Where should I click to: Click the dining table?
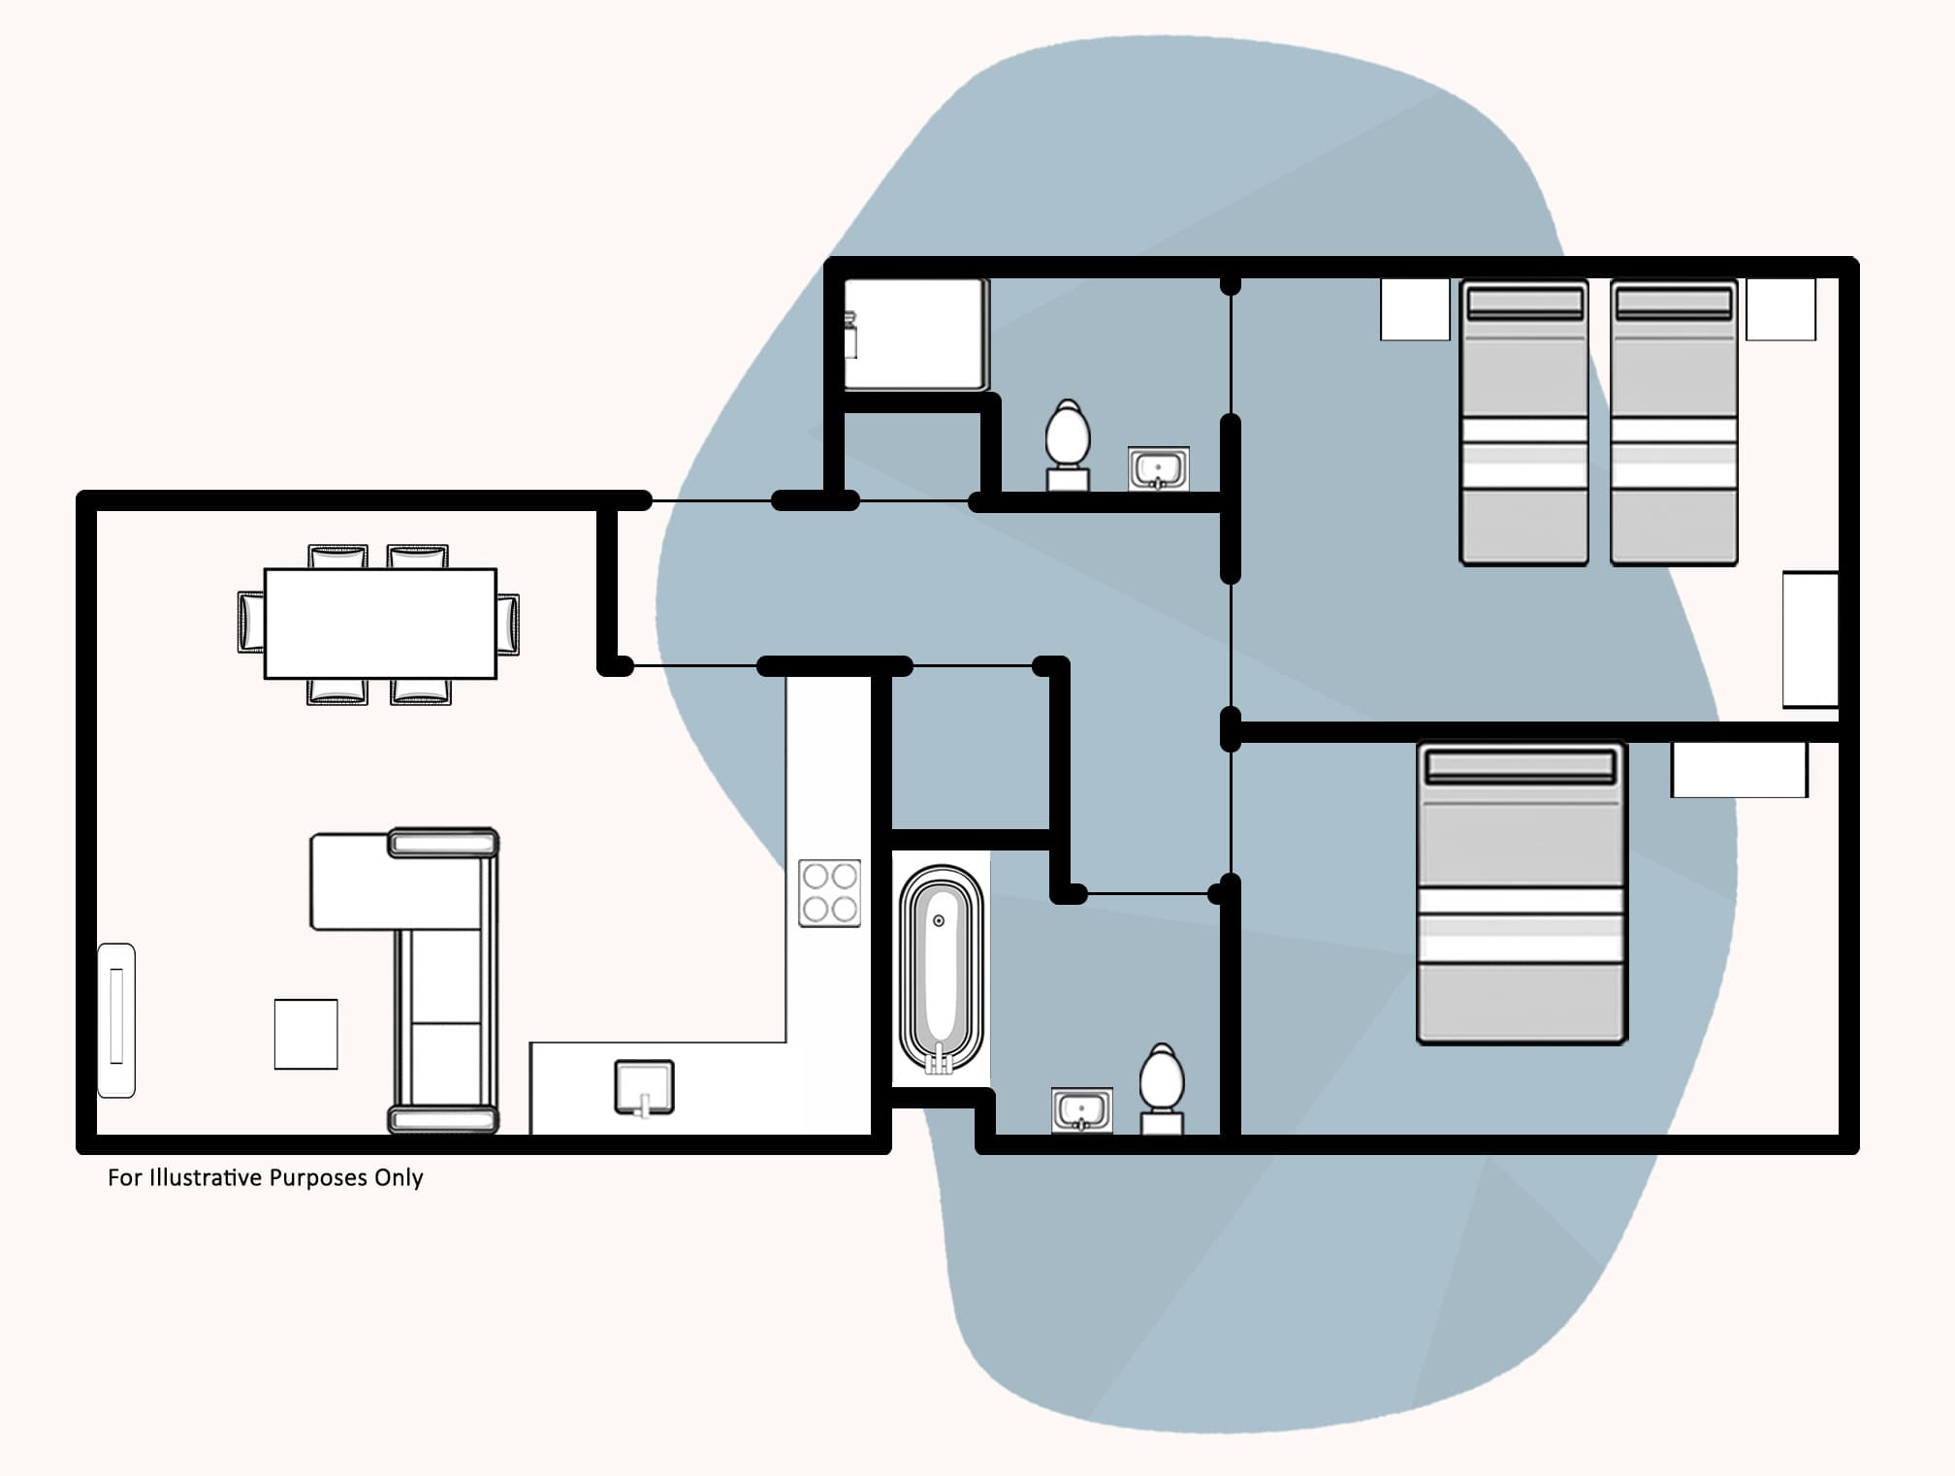[380, 624]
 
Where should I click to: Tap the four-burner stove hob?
[829, 893]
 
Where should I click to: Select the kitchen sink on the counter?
[645, 1087]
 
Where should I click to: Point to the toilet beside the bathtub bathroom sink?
[1161, 1087]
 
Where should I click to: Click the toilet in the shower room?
[1068, 444]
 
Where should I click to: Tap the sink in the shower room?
[1158, 469]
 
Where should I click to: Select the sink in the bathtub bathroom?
[1082, 1110]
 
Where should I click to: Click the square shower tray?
[916, 335]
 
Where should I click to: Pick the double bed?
[1521, 893]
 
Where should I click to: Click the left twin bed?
[1523, 422]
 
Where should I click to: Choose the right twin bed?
[1674, 422]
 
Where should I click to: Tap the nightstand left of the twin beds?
[1415, 309]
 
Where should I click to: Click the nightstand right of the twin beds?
[1780, 309]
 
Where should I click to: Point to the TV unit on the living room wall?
[116, 1019]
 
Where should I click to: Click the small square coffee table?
[305, 1034]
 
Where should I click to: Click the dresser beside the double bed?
[1739, 770]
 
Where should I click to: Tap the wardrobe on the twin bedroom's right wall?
[1811, 639]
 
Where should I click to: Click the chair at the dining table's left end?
[250, 622]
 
